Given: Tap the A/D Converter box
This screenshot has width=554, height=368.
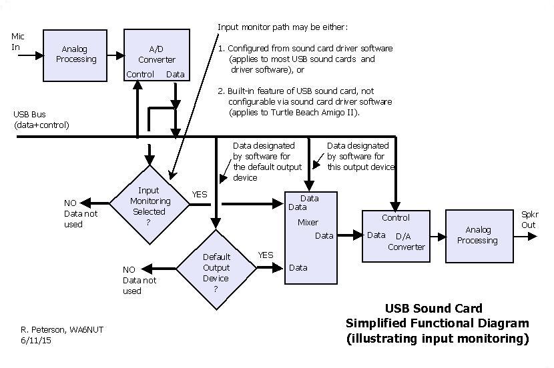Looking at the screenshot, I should [x=156, y=55].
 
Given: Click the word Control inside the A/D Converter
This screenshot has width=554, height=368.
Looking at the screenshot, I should [x=140, y=75].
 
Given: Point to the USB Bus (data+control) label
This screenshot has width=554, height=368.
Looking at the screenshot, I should [x=41, y=120].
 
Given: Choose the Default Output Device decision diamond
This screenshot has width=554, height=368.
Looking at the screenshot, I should [x=216, y=268].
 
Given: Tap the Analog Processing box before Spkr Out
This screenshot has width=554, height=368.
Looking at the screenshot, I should [x=477, y=235].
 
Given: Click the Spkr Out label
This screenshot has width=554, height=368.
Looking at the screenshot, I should [x=529, y=219].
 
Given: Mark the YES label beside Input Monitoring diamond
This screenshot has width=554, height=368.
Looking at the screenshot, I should [x=200, y=195].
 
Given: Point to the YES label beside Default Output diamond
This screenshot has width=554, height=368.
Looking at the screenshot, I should [x=266, y=255].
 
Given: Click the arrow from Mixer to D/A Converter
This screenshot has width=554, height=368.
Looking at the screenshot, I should [x=349, y=235].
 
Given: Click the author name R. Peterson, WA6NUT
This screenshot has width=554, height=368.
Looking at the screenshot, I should [x=62, y=329].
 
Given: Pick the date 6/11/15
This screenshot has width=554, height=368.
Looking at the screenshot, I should [x=37, y=340].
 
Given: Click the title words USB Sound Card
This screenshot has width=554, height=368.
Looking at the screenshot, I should [x=433, y=309].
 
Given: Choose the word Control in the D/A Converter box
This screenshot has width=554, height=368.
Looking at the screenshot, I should [x=395, y=218].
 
